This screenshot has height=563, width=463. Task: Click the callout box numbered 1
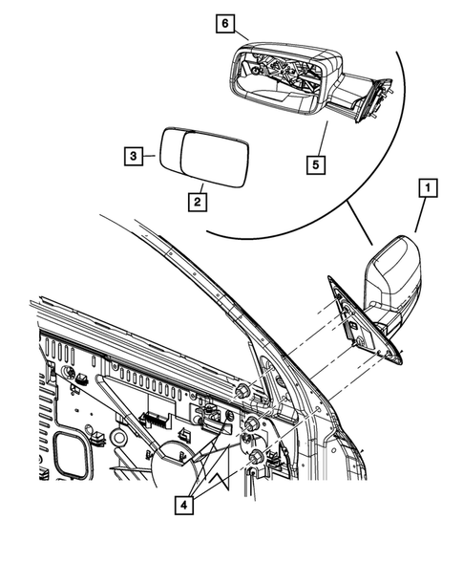click(427, 188)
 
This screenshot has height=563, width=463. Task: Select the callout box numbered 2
click(198, 202)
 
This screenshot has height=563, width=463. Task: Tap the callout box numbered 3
click(134, 154)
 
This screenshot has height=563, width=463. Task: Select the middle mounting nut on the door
click(252, 424)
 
